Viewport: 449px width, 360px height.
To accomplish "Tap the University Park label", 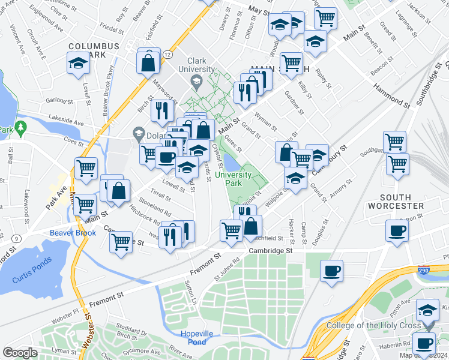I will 234,178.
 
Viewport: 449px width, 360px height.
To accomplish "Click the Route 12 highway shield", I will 167,55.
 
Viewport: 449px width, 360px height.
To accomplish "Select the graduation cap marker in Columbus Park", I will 78,64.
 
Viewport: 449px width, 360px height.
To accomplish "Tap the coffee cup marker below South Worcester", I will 397,231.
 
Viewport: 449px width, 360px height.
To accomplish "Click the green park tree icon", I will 22,128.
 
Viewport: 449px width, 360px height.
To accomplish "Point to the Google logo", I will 20,353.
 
